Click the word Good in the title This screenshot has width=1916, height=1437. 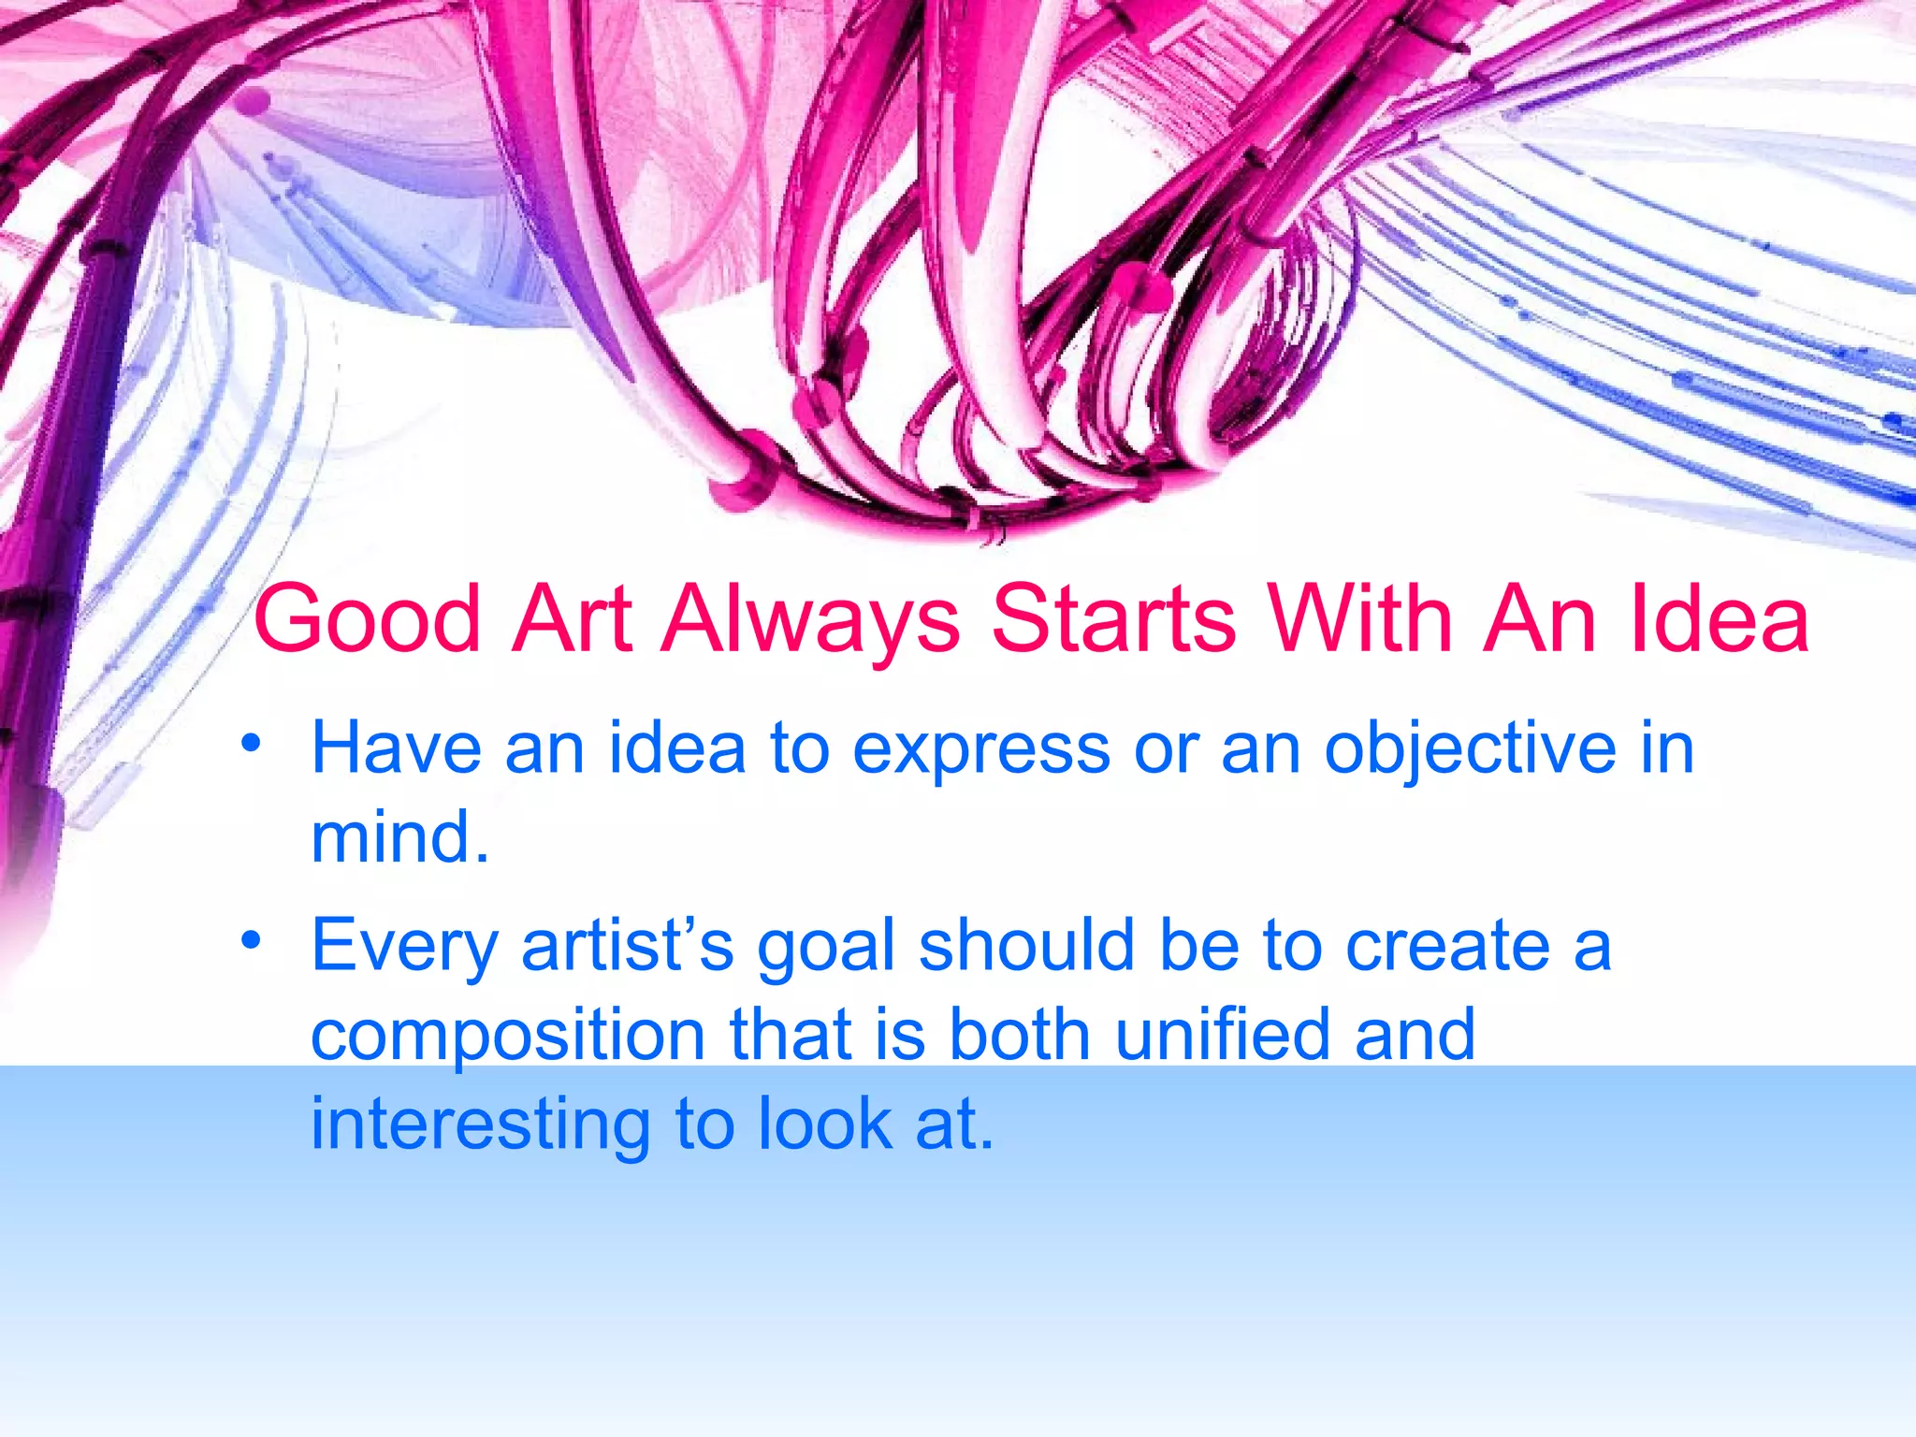pyautogui.click(x=367, y=619)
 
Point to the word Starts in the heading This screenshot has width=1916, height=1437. pyautogui.click(x=1113, y=619)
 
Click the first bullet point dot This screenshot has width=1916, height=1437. pyautogui.click(x=250, y=745)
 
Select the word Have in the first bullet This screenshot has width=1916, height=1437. pyautogui.click(x=396, y=748)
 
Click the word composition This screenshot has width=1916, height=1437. pyautogui.click(x=508, y=1037)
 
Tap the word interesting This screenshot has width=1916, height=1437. pyautogui.click(x=480, y=1125)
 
